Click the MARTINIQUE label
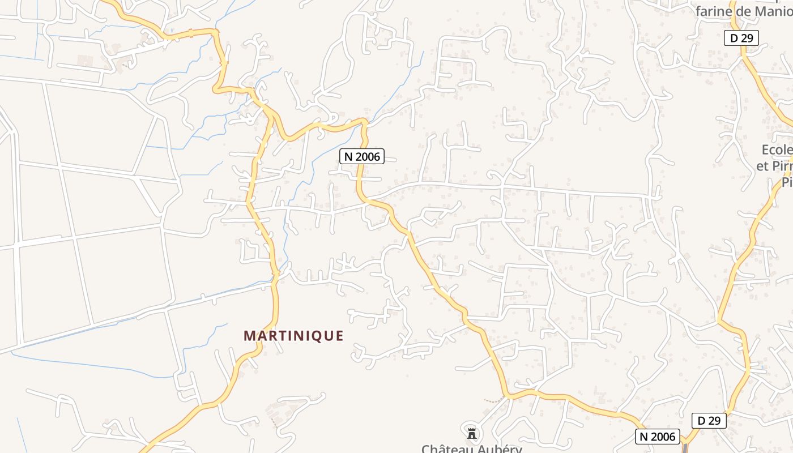click(293, 336)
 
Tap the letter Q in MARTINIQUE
click(317, 336)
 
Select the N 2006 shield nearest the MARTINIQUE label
click(362, 156)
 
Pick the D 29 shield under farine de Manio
click(741, 38)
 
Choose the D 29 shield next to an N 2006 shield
click(709, 421)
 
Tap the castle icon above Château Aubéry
click(471, 434)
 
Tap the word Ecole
click(777, 150)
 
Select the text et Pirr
click(774, 166)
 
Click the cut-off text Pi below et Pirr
click(787, 182)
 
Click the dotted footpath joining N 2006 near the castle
click(494, 400)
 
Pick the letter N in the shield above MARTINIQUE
click(348, 156)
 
